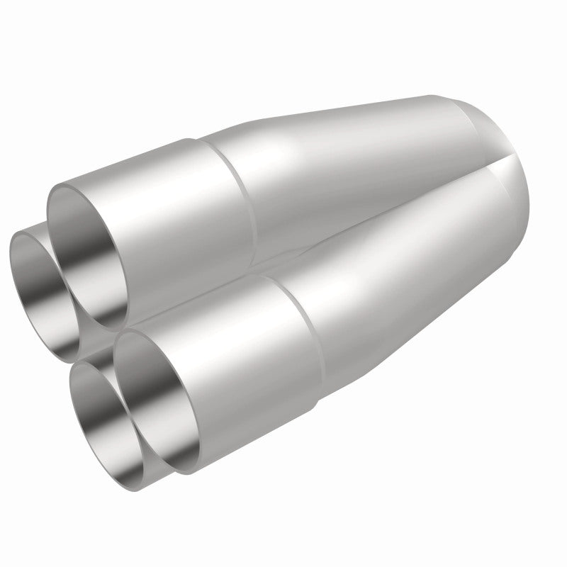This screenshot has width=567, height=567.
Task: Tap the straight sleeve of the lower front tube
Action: [241, 354]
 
